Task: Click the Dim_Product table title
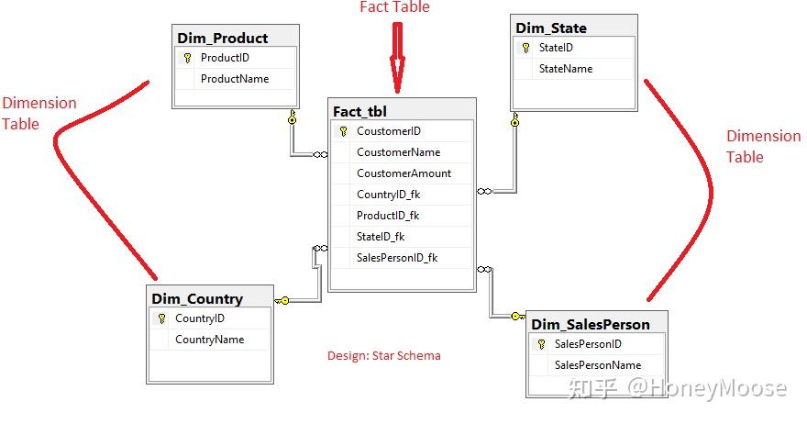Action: point(222,38)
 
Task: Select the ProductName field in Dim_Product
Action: point(235,79)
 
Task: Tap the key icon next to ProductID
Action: point(188,58)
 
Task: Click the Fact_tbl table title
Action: point(360,111)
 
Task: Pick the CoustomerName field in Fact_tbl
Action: point(398,152)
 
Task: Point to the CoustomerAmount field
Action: point(403,173)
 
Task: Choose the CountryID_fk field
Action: point(388,195)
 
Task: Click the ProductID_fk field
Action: point(388,216)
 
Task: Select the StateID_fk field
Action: point(381,237)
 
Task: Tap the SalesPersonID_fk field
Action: point(397,258)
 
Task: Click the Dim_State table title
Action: point(551,28)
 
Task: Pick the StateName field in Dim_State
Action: point(566,69)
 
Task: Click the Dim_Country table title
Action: point(197,298)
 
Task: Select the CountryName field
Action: point(210,340)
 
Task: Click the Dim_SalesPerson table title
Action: point(591,324)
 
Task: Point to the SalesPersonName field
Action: point(598,365)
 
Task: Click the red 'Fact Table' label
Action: point(394,7)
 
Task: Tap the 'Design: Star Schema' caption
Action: point(384,355)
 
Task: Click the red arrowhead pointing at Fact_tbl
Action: point(397,78)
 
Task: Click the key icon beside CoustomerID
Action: point(343,131)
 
